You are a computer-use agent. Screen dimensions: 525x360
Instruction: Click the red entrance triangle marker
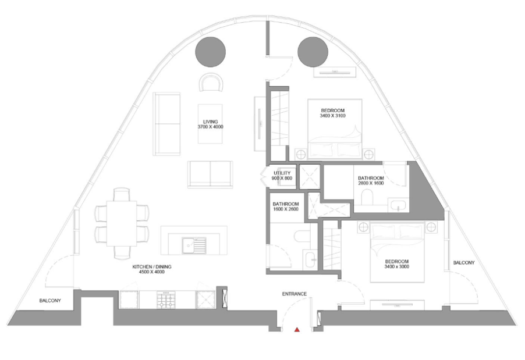[297, 330]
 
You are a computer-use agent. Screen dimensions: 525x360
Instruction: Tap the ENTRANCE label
[295, 294]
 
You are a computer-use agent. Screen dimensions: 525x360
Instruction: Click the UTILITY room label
[282, 173]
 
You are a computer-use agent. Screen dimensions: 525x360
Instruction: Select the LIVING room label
[210, 122]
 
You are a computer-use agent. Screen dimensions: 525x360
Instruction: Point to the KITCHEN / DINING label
[152, 266]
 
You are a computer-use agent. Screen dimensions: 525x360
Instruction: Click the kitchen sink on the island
[194, 245]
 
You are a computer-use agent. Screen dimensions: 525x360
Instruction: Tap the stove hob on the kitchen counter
[166, 300]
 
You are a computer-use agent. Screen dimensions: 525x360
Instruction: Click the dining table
[122, 223]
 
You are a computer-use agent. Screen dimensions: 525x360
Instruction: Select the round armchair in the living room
[211, 83]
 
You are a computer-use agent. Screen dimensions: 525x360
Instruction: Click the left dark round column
[210, 52]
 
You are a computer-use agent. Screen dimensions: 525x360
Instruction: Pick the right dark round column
[313, 52]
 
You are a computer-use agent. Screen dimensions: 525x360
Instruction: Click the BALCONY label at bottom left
[50, 301]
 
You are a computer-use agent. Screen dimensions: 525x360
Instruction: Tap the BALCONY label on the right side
[464, 263]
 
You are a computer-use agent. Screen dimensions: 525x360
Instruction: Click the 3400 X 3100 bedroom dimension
[332, 116]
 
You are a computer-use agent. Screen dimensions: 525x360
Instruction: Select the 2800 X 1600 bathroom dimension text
[371, 183]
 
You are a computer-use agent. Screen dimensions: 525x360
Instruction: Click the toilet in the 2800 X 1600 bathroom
[367, 197]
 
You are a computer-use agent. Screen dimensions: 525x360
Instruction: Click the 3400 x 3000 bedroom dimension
[397, 266]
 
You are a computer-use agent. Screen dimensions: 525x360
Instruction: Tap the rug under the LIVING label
[210, 124]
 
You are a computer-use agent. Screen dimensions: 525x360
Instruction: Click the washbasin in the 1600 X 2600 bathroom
[310, 259]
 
